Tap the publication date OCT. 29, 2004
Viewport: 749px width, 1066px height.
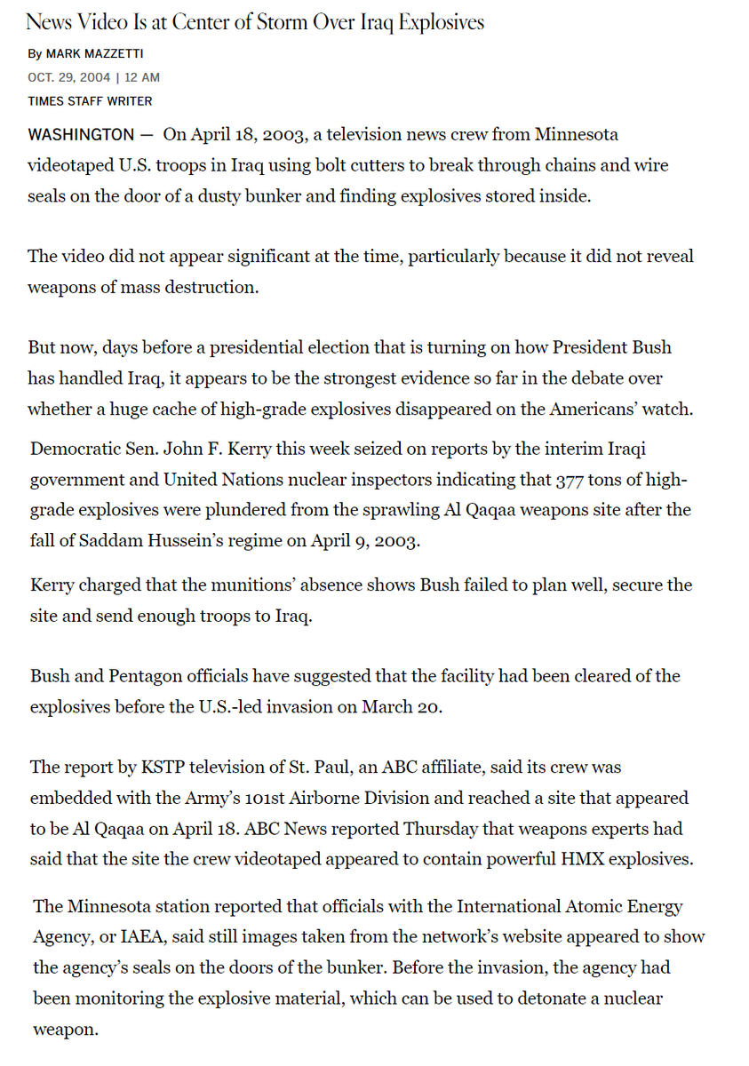click(x=69, y=77)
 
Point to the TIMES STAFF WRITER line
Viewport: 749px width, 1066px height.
click(x=90, y=101)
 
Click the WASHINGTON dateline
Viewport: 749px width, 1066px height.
click(x=81, y=135)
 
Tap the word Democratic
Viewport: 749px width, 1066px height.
click(x=71, y=449)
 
